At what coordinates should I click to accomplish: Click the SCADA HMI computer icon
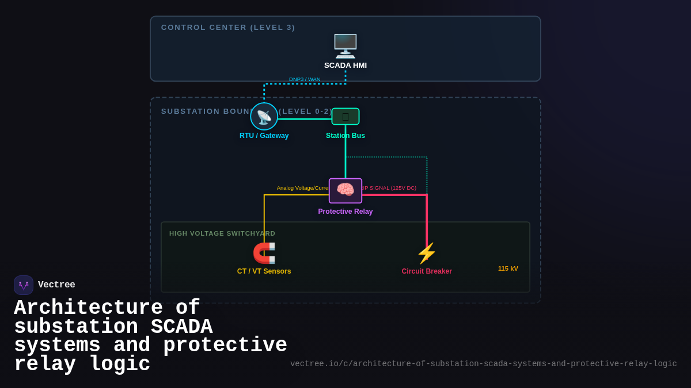click(x=345, y=45)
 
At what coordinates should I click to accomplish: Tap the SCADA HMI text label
click(x=345, y=66)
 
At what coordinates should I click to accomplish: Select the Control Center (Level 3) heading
click(x=228, y=28)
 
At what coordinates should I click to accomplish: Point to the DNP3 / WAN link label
click(x=305, y=79)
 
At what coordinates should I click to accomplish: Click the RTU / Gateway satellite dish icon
click(x=264, y=117)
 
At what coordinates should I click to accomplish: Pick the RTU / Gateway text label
click(x=264, y=136)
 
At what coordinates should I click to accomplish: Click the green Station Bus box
click(x=345, y=117)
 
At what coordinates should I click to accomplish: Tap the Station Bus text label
click(x=345, y=136)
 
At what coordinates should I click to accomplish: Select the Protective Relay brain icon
click(x=345, y=190)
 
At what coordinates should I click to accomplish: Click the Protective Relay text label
click(x=345, y=212)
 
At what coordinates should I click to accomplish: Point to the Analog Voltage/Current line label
click(x=303, y=188)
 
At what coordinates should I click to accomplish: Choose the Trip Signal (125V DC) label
click(x=389, y=188)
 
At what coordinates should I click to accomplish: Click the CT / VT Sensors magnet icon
click(x=264, y=253)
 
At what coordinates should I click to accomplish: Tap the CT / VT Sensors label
click(x=264, y=271)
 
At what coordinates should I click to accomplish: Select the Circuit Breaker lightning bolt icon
click(x=427, y=253)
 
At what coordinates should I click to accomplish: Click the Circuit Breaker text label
click(x=427, y=271)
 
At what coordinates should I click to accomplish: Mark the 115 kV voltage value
click(x=508, y=268)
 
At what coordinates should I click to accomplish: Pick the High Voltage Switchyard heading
click(x=222, y=233)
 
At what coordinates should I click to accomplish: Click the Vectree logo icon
click(x=24, y=285)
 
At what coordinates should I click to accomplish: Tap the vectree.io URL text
click(x=483, y=364)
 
